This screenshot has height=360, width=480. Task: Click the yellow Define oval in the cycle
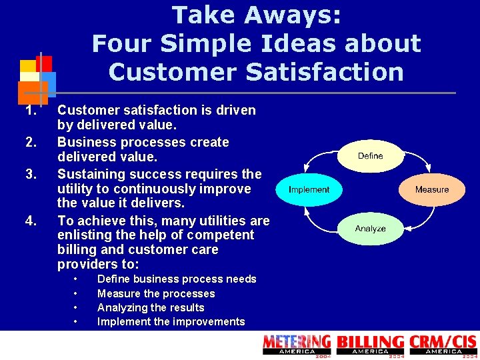click(x=370, y=156)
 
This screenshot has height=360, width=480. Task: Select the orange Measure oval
click(x=431, y=189)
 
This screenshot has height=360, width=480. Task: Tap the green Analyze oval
click(x=370, y=229)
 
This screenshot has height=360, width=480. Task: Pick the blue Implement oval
click(x=309, y=189)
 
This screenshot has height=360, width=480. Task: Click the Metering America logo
click(x=297, y=345)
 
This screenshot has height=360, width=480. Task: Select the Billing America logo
click(x=371, y=345)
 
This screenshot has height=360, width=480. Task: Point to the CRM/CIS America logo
click(x=443, y=345)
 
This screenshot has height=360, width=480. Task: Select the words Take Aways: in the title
click(x=257, y=15)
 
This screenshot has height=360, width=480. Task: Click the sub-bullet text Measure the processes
click(x=156, y=293)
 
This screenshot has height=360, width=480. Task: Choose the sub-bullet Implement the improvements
click(x=171, y=321)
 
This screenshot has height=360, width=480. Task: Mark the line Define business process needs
click(x=177, y=279)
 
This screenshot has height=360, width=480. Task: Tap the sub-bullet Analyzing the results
click(x=151, y=307)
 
